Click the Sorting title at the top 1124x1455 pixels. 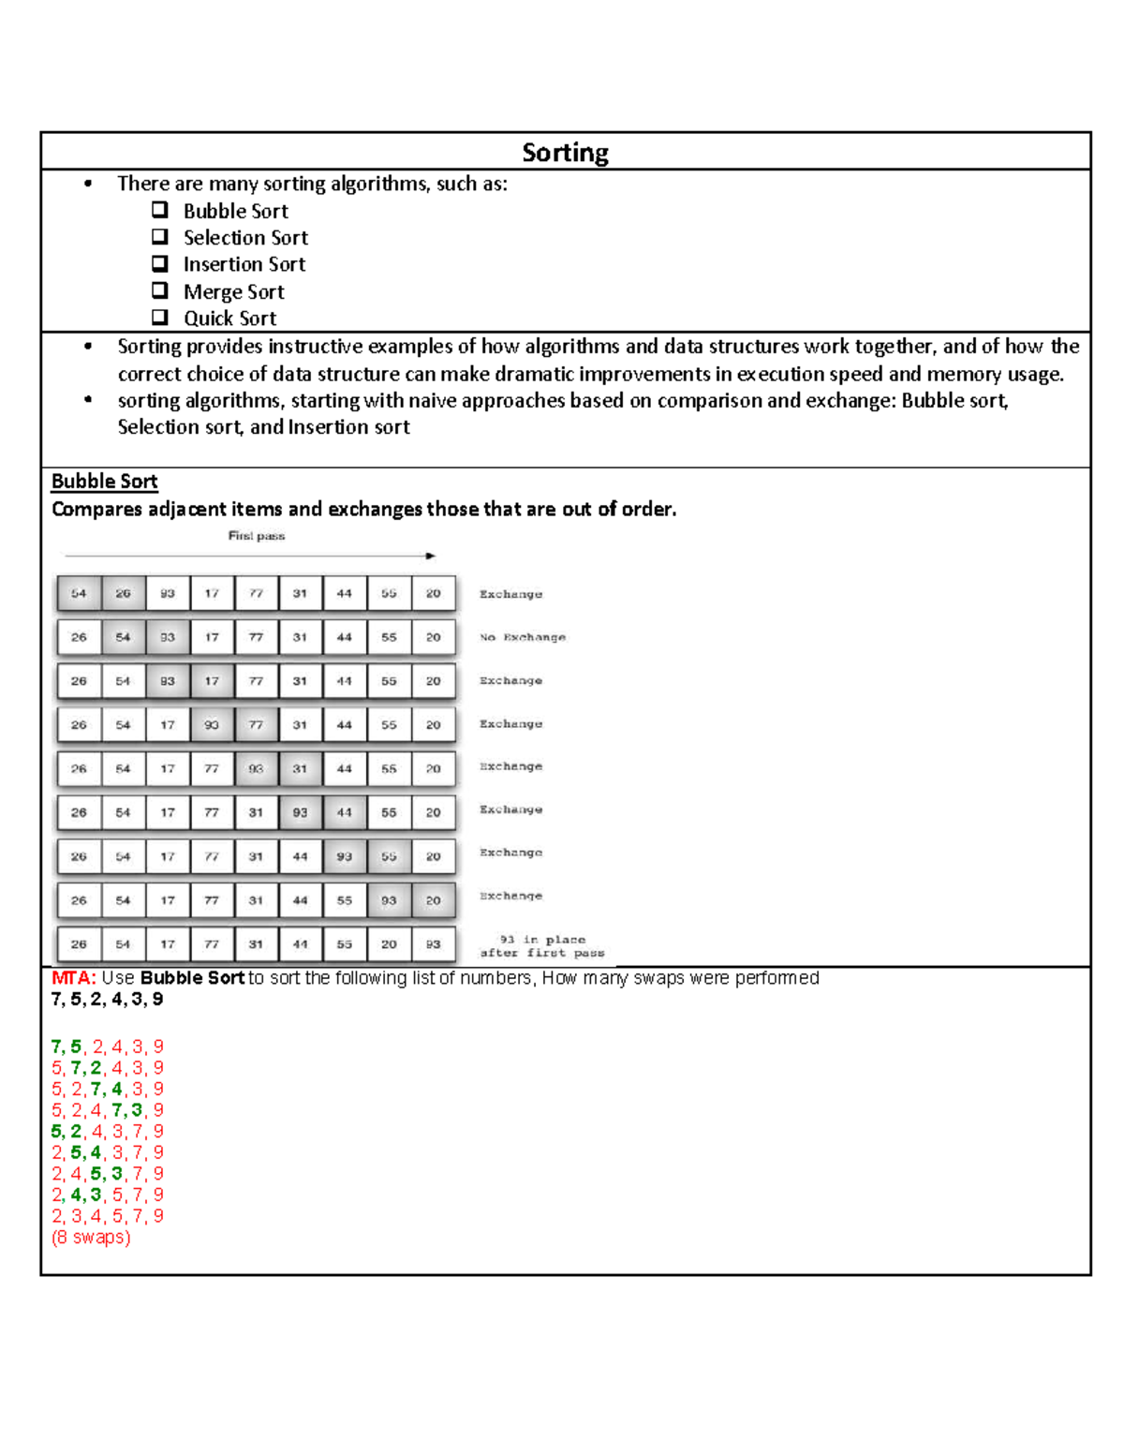(565, 153)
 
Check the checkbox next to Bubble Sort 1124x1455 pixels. (160, 210)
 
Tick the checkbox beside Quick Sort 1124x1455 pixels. (160, 317)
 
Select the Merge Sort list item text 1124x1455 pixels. (233, 291)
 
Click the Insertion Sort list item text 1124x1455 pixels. (244, 264)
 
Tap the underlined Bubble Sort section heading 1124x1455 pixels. (104, 482)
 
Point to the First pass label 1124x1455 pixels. (256, 536)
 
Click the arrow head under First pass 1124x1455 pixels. (431, 556)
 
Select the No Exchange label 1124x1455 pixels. (523, 637)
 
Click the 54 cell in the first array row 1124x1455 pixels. (79, 593)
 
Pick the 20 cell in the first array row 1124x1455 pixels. (433, 593)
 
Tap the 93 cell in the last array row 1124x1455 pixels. (433, 944)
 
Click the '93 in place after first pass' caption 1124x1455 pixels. (542, 946)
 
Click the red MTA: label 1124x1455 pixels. (74, 978)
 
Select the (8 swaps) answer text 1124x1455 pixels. (91, 1238)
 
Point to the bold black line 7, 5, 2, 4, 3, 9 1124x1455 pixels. (107, 1000)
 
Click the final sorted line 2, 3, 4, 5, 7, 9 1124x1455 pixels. (107, 1216)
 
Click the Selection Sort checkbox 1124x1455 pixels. (160, 237)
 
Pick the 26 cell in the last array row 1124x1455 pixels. (79, 944)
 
